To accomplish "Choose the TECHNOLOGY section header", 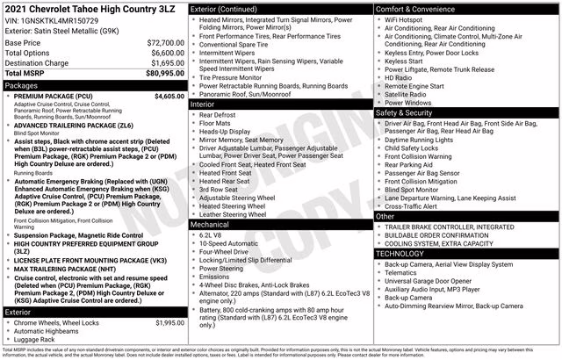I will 402,253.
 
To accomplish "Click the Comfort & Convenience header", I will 418,8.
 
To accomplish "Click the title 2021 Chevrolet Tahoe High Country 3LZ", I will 81,9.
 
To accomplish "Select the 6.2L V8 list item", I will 211,235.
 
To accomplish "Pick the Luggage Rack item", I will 34,338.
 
